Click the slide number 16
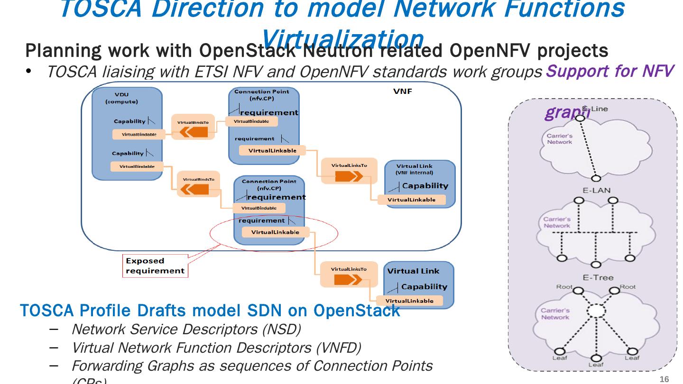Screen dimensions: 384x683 [x=664, y=379]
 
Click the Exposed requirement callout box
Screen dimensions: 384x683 [x=155, y=266]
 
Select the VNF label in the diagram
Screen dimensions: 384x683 [x=403, y=91]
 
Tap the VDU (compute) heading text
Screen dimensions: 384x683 [x=121, y=98]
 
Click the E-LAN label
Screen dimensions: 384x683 [x=596, y=190]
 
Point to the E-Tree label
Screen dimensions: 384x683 [x=598, y=277]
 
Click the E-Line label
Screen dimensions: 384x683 [x=598, y=109]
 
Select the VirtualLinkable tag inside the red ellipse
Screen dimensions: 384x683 [x=275, y=232]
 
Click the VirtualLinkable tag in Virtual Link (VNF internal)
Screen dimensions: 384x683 [x=411, y=200]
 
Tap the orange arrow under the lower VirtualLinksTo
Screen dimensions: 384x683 [x=348, y=280]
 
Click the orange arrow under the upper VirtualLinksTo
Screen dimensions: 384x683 [x=349, y=176]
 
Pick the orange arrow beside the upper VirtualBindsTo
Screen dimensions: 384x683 [x=193, y=132]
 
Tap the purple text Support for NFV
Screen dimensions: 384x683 [x=609, y=71]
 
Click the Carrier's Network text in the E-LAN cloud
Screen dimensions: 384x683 [x=556, y=222]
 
